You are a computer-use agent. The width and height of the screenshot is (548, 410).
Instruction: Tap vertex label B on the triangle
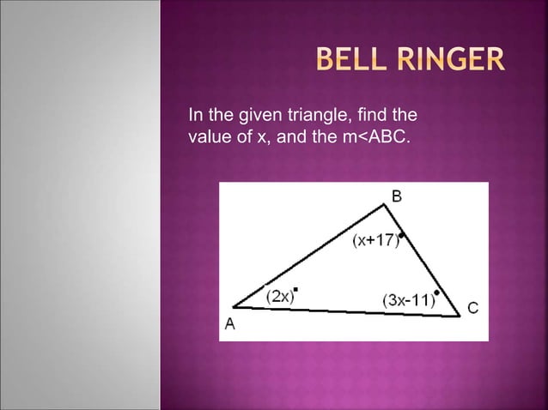(x=396, y=196)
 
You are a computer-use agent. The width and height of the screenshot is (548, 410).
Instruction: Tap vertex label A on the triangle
(x=230, y=323)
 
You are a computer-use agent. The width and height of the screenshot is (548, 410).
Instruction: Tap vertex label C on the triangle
(x=472, y=306)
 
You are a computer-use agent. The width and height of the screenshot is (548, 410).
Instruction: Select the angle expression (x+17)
(x=374, y=240)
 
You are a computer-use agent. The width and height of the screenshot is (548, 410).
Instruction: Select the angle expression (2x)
(x=279, y=297)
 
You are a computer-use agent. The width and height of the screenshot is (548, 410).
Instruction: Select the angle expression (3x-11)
(x=406, y=300)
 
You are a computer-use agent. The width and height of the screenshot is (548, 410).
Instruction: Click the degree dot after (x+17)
(x=401, y=234)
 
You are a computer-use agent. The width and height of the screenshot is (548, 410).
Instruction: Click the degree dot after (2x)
(x=296, y=289)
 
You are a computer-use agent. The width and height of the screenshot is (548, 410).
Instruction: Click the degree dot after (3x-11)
(x=436, y=293)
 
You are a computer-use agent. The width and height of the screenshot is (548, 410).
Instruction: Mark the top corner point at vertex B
(x=386, y=204)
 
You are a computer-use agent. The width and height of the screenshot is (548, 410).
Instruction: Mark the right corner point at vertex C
(x=460, y=315)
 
